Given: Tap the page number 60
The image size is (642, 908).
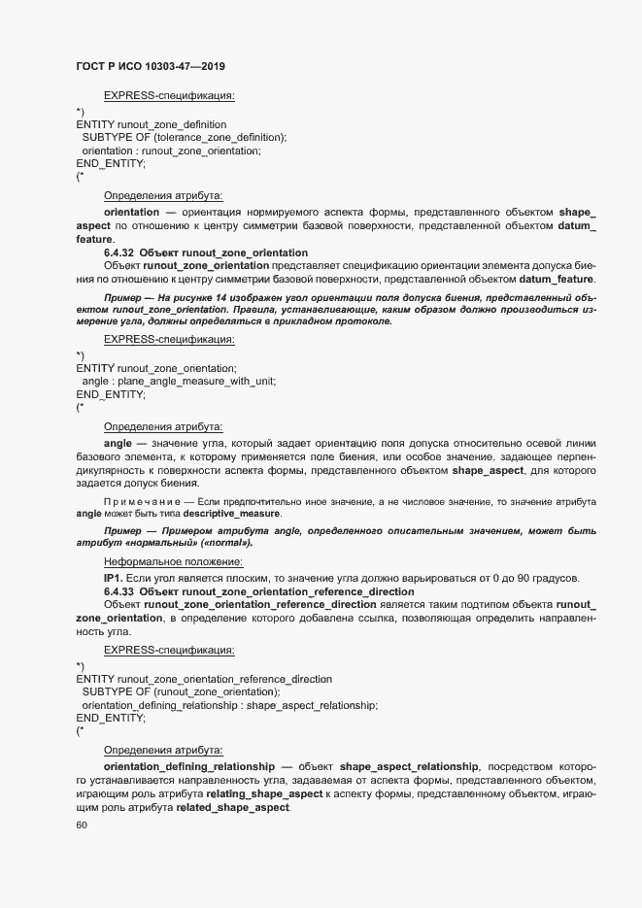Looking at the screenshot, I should pos(82,824).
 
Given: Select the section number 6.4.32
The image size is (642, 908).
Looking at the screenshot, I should pos(120,252).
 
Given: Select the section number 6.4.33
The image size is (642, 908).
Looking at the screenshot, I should pos(120,591).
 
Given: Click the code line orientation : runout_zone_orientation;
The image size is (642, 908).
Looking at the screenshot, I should pos(172,151).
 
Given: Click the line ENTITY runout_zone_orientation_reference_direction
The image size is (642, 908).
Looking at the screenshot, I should pos(203,679).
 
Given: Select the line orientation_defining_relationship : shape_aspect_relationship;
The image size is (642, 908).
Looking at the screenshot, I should pos(230,705).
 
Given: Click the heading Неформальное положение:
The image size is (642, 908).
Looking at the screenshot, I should pos(173,561).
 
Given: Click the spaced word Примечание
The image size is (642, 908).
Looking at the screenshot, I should pos(146,500).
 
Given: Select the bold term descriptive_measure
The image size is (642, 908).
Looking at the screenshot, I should pos(232,513).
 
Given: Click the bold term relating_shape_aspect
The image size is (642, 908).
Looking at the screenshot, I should pos(264,794).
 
